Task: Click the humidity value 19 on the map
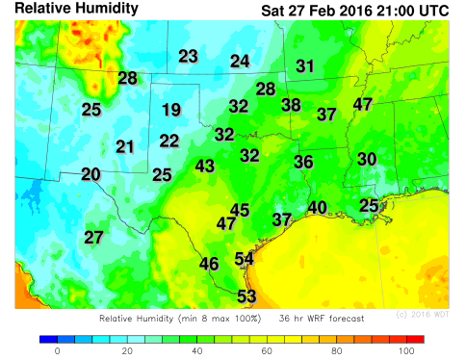pos(171,110)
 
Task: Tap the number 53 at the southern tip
pos(246,296)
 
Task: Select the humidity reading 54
pos(245,258)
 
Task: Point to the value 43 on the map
pos(205,166)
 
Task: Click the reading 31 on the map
pos(305,66)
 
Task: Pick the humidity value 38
pos(291,105)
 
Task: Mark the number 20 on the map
pos(91,174)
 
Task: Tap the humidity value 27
pos(93,238)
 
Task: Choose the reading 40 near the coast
pos(318,207)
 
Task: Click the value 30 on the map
pos(367,159)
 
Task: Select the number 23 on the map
pos(188,56)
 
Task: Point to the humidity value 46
pos(209,264)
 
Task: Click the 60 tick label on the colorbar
pos(267,351)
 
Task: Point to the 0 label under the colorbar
pos(57,351)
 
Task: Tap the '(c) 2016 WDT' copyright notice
pos(423,315)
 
